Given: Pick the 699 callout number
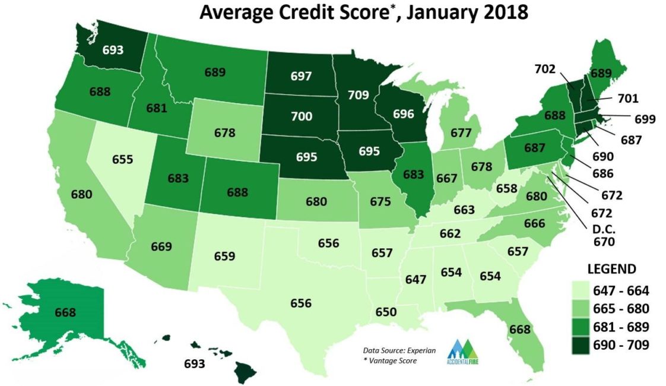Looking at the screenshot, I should click(x=643, y=119).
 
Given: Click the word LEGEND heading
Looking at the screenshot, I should click(x=611, y=268).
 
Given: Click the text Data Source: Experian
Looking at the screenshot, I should click(x=399, y=350).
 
